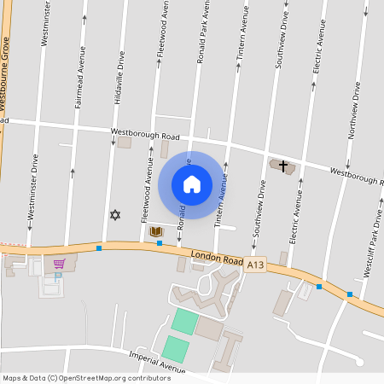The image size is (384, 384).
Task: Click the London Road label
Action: click(x=213, y=259)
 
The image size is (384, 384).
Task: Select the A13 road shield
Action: click(x=255, y=266)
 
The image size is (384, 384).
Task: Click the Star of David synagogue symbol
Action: click(x=114, y=214)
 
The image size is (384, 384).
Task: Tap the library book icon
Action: click(x=156, y=231)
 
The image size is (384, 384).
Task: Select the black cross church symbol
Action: click(x=283, y=166)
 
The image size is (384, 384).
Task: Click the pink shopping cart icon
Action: click(x=59, y=263)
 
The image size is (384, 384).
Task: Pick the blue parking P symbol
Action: click(x=57, y=276)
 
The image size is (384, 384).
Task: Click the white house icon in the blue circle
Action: click(x=192, y=184)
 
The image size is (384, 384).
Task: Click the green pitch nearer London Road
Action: click(x=184, y=322)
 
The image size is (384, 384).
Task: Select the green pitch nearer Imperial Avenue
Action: click(x=175, y=348)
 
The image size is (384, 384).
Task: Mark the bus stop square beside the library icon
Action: click(x=160, y=243)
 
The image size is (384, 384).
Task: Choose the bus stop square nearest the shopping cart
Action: click(x=99, y=247)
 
